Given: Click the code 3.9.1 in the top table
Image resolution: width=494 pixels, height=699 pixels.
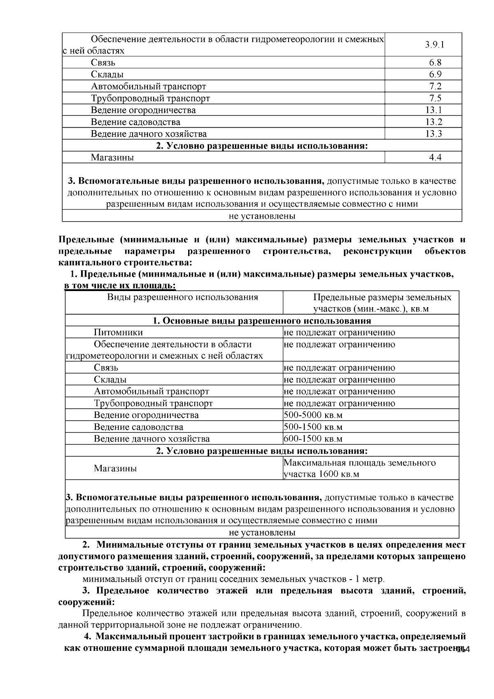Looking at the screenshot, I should tap(435, 45).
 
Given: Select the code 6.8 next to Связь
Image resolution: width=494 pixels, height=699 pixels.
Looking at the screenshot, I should tap(435, 63).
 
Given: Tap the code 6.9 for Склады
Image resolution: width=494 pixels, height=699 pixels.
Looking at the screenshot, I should tap(435, 75).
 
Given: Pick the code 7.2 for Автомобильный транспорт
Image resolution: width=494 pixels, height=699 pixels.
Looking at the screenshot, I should tap(435, 86).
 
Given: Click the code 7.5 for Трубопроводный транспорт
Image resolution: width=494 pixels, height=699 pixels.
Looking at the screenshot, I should tap(435, 98).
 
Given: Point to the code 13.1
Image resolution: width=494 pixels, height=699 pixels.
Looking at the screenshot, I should tap(434, 110).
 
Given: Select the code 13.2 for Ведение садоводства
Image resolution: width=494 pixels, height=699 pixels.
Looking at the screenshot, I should tap(434, 122).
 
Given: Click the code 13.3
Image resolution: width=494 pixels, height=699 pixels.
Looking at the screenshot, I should tap(434, 134).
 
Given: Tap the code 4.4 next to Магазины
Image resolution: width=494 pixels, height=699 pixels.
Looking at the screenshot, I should tap(435, 158).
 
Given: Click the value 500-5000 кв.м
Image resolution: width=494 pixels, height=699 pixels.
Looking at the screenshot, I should tap(313, 415).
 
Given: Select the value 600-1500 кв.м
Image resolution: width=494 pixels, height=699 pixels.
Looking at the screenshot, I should tap(313, 439).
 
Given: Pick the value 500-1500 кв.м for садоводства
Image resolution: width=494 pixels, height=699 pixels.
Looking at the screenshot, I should tap(313, 427).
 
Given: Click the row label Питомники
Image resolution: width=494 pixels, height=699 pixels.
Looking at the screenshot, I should tap(118, 333).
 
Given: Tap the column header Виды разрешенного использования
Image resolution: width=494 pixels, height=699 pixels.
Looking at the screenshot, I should tap(182, 297).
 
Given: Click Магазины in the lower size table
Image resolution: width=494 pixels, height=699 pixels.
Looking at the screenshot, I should tap(115, 468).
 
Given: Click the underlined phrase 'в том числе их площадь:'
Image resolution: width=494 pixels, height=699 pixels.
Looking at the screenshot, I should tap(121, 286).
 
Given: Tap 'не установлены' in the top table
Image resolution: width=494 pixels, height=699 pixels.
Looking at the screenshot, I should tap(262, 216).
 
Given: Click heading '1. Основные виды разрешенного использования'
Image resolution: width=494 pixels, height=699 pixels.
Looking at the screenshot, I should tap(262, 321).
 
